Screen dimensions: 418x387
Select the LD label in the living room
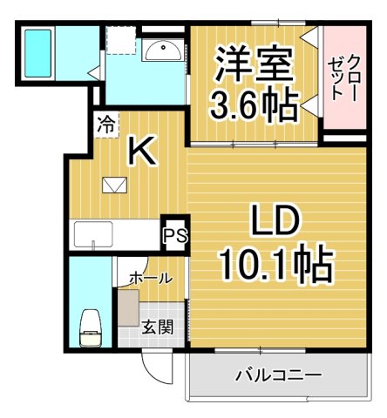[276, 219]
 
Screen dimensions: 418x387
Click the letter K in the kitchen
[142, 152]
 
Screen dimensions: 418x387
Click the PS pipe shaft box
[174, 234]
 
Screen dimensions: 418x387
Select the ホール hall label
[150, 278]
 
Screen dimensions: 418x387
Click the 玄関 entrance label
[158, 328]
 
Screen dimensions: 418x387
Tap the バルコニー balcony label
[278, 376]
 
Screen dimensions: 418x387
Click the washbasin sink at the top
[161, 51]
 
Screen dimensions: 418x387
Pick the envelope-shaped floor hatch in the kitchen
[113, 185]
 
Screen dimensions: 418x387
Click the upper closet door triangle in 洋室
[309, 37]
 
